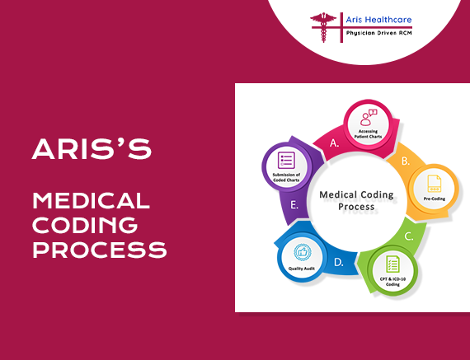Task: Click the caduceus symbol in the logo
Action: tap(323, 27)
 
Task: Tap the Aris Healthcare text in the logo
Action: tap(378, 20)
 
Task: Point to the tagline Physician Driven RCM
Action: tap(378, 33)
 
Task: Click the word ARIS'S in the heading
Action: tap(92, 149)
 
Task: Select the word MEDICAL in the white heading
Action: tap(92, 200)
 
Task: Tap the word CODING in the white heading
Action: tap(85, 225)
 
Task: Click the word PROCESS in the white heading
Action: tap(100, 250)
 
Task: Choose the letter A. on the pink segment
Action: tap(334, 143)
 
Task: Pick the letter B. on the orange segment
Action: tap(406, 161)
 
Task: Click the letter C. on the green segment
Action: tap(409, 236)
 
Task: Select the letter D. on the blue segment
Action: tap(338, 262)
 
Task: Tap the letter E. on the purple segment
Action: tap(294, 205)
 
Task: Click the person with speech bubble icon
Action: tap(369, 118)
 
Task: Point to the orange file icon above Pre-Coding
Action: tap(435, 183)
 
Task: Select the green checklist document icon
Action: tap(392, 264)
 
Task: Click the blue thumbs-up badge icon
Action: tap(303, 252)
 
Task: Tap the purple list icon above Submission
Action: tap(286, 161)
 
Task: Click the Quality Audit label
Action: tap(302, 269)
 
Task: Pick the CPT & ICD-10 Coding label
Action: tap(392, 282)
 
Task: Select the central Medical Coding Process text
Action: tap(356, 200)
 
